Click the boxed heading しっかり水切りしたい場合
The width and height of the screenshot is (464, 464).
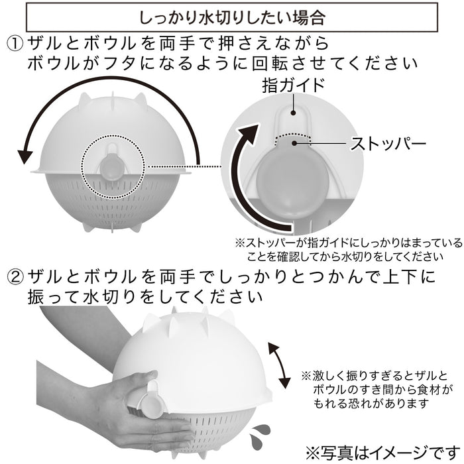pos(232,15)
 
